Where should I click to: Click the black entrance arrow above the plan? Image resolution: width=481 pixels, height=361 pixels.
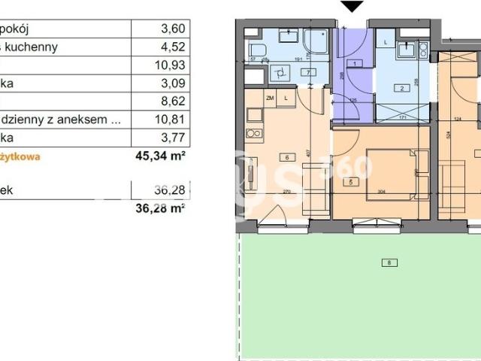pos(351,7)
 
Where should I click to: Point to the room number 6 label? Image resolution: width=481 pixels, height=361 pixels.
pos(286,157)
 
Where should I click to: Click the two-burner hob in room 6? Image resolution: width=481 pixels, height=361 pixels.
pos(253,135)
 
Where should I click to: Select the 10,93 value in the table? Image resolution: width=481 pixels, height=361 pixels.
pos(171,65)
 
